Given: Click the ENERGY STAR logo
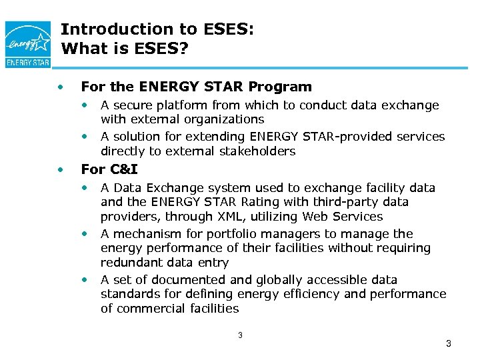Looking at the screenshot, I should (x=27, y=43).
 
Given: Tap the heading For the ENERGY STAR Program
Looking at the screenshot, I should (x=196, y=87).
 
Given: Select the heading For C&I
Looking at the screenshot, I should (x=109, y=169).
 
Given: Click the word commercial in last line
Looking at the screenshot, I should (x=149, y=309).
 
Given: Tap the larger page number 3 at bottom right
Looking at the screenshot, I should (x=448, y=344).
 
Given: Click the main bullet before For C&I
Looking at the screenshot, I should (x=61, y=169).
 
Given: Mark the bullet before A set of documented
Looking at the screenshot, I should (x=85, y=279).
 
